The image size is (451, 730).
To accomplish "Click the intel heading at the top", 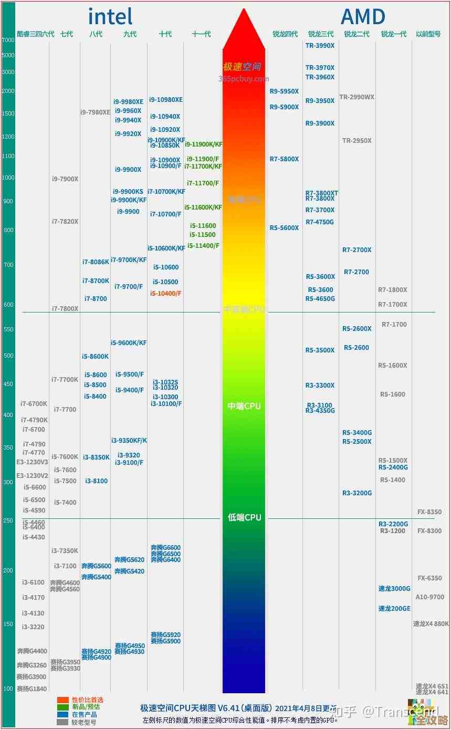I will (110, 16).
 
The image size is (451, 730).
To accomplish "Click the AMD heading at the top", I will (363, 16).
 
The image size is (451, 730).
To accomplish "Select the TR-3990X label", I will (320, 46).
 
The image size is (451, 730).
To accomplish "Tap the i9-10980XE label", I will (165, 100).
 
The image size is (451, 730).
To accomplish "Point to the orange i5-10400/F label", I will (165, 294).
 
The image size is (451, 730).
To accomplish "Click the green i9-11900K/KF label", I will (203, 144).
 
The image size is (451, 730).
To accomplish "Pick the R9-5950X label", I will (284, 91).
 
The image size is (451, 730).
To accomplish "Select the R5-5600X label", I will (284, 228).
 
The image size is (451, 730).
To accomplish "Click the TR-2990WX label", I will (356, 97).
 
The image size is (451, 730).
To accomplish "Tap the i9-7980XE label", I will (95, 112).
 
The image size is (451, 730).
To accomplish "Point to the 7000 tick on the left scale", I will (8, 40).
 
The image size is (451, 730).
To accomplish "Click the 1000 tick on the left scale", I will (8, 178).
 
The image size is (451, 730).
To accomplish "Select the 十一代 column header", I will (201, 34).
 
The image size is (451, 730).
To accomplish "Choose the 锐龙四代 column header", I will (285, 34).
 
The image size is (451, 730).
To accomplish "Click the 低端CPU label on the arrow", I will (244, 518).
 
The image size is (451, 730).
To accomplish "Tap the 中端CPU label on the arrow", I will (244, 406).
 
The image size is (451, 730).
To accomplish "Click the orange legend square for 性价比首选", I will (63, 700).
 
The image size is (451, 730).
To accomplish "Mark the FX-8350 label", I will (429, 512).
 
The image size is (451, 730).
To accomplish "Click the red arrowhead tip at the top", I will (244, 11).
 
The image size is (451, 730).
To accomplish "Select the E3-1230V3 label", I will (32, 462).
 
